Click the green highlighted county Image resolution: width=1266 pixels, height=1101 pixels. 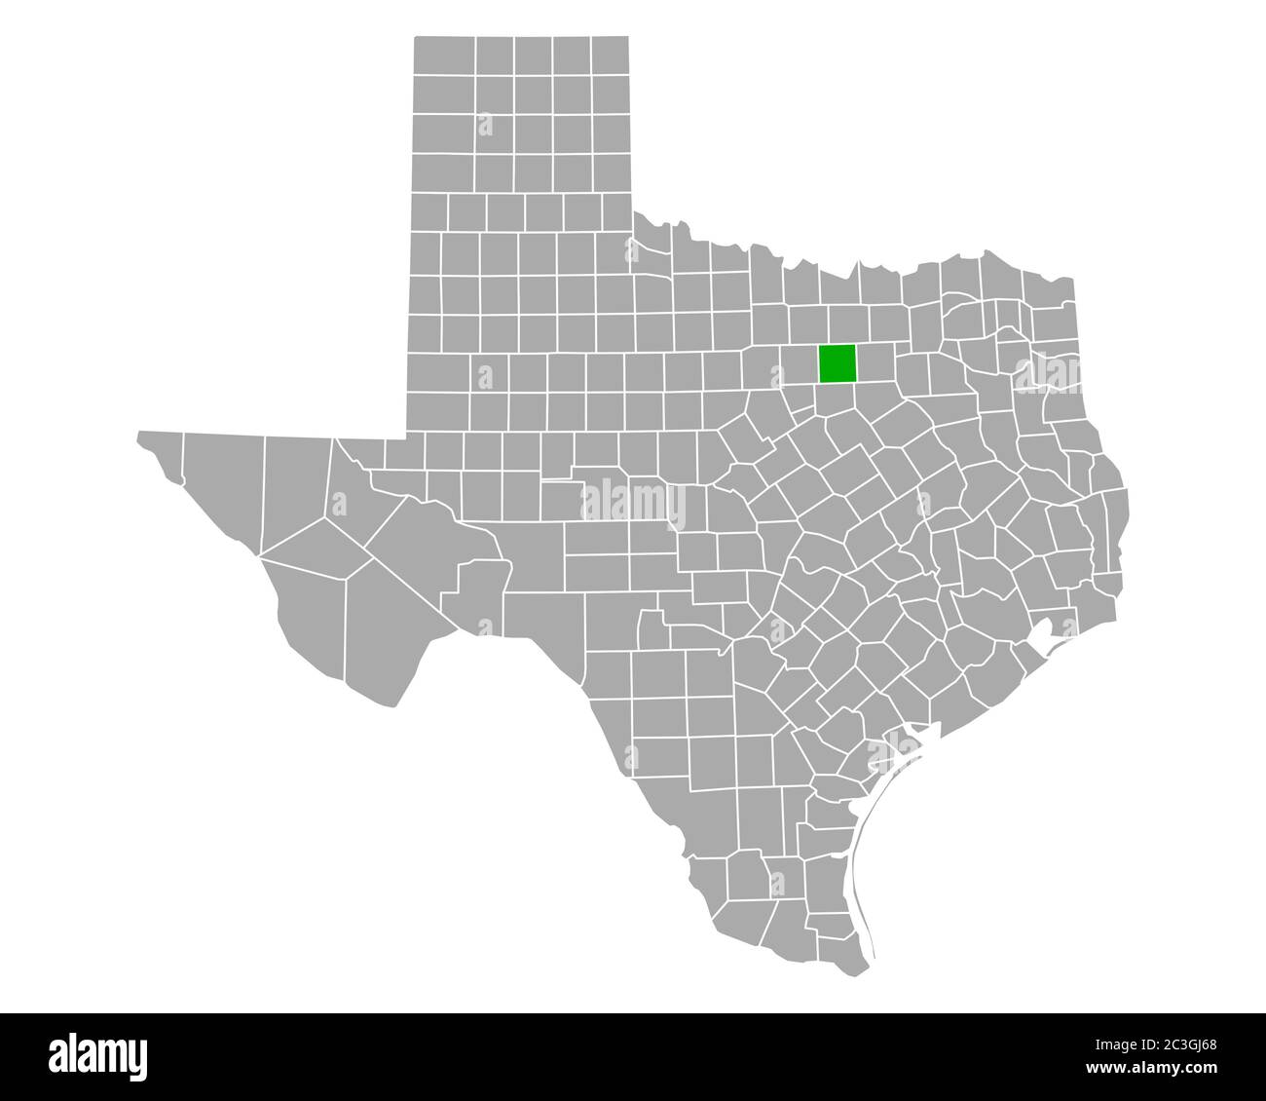coord(837,363)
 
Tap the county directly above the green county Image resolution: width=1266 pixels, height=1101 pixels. coord(838,325)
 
